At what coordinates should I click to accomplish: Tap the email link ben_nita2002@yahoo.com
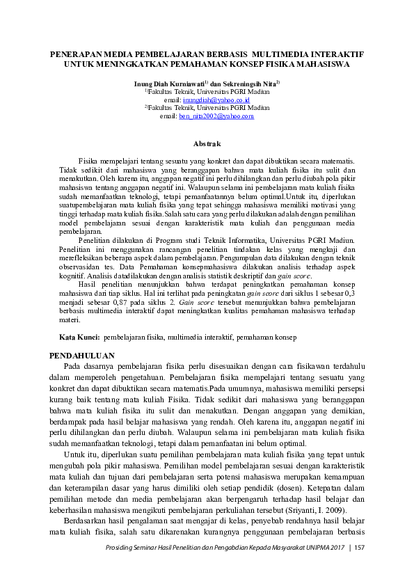pyautogui.click(x=216, y=116)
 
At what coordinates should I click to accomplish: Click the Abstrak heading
pyautogui.click(x=207, y=143)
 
